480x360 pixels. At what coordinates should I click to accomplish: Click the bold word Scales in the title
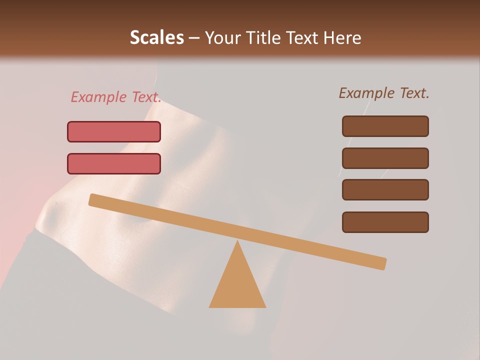coord(156,37)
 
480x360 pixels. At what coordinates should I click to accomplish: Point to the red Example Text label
coord(116,97)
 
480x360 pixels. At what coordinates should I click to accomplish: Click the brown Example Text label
coord(384,93)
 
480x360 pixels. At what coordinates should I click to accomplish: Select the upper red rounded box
coord(114,132)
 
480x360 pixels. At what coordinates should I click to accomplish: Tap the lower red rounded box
coord(114,164)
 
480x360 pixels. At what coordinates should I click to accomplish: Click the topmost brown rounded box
coord(385,126)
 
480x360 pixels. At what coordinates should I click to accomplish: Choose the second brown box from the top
coord(385,158)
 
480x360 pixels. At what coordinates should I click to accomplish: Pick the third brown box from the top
coord(385,190)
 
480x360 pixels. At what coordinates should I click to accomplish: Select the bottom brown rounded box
coord(385,222)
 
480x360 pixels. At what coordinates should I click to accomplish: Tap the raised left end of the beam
coord(92,199)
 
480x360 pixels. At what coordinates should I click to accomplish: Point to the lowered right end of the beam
coord(382,263)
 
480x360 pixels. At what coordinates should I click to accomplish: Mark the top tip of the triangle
coord(237,241)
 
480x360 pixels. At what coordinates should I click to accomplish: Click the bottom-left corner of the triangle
coord(210,307)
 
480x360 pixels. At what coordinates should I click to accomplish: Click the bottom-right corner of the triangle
coord(265,307)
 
